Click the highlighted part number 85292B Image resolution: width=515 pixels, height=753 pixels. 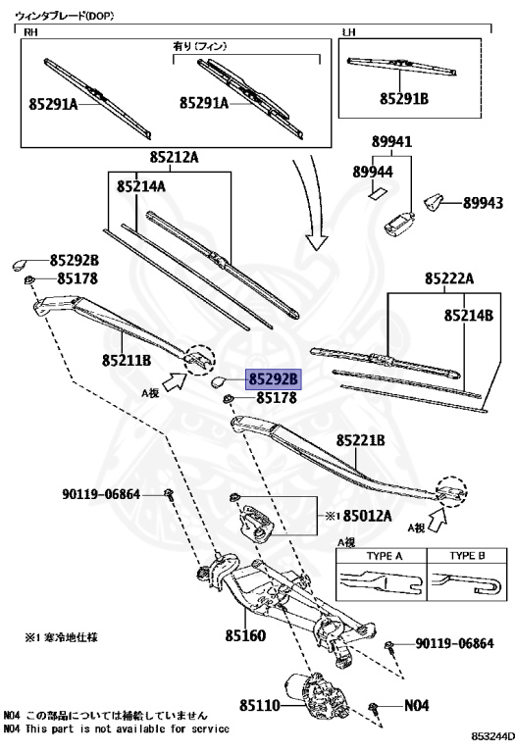click(274, 379)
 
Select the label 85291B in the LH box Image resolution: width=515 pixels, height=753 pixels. click(404, 98)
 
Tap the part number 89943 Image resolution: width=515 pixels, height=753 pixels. click(483, 203)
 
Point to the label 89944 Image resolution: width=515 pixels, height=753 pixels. click(373, 172)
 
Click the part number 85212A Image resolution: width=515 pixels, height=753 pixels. click(174, 157)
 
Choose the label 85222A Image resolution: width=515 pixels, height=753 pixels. click(449, 278)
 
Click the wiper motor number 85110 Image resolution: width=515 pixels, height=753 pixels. click(259, 705)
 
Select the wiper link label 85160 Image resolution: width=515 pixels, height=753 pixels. click(245, 635)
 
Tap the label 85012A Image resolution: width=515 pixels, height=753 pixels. click(367, 516)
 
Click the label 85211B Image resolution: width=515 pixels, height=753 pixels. click(127, 360)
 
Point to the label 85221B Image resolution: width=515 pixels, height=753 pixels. click(360, 440)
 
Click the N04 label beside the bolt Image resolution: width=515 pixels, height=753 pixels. click(416, 705)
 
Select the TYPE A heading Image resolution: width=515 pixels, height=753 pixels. click(385, 556)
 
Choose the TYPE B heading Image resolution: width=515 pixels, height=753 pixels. click(467, 556)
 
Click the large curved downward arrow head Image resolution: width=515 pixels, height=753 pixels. click(317, 241)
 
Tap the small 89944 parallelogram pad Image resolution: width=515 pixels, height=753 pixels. click(378, 193)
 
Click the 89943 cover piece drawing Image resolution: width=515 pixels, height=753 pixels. click(434, 202)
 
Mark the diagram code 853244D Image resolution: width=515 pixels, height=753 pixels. click(492, 736)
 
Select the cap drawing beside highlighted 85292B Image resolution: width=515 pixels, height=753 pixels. click(220, 381)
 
